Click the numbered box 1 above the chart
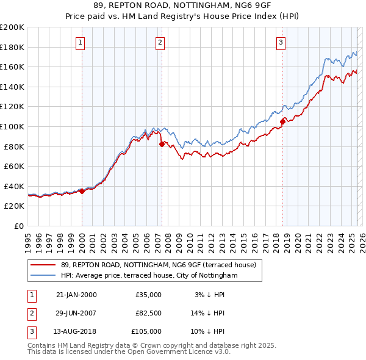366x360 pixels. pos(81,43)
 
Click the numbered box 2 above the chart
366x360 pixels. pos(160,43)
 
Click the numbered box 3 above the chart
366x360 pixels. pos(281,43)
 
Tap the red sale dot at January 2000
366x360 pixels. pos(82,191)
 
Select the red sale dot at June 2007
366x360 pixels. pos(162,144)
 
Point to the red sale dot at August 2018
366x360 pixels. pos(282,121)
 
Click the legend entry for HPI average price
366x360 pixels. pos(149,276)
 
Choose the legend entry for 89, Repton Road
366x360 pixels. pos(162,265)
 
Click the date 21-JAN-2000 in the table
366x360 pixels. pos(76,295)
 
